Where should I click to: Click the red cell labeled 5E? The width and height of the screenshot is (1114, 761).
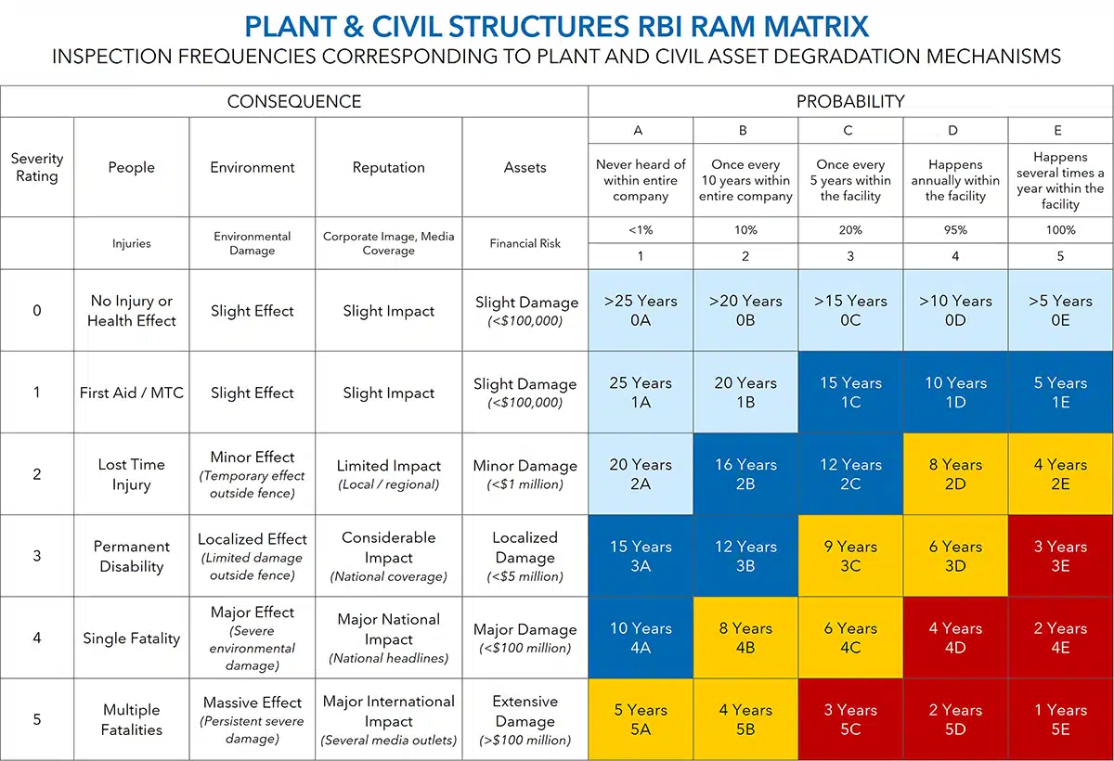point(1060,720)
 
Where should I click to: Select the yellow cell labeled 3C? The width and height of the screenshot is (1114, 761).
point(850,556)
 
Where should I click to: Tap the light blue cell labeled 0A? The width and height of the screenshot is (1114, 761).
point(641,310)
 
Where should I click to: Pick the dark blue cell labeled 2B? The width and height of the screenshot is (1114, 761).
point(745,474)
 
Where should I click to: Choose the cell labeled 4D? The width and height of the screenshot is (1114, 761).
point(955,638)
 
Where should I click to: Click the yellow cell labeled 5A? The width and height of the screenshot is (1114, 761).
point(641,720)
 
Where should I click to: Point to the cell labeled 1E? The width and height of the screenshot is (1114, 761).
point(1060,392)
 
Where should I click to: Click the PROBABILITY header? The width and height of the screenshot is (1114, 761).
point(850,101)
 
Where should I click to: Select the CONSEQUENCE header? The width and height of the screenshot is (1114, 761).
point(294,101)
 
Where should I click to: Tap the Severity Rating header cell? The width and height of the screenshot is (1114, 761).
point(37,167)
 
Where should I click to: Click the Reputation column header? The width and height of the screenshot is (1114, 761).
point(389,167)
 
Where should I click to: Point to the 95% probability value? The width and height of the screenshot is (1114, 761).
point(955,230)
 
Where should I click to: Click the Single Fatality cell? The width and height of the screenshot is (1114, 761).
point(131,638)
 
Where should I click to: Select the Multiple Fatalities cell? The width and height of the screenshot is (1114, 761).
point(131,720)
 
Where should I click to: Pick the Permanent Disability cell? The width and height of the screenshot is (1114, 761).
point(131,556)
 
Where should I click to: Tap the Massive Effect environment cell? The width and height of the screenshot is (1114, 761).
point(253,720)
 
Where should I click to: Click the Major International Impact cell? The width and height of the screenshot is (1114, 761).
point(389,720)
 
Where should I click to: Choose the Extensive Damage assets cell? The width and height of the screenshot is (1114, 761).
point(525,720)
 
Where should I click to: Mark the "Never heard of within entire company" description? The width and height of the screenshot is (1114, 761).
point(641,180)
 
